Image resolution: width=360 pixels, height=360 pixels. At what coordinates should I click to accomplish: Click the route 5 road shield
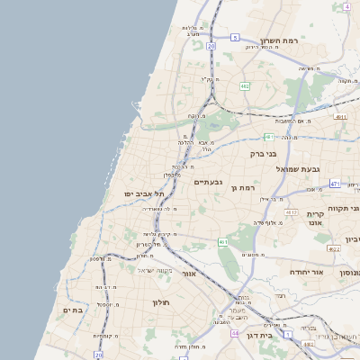pos(235,38)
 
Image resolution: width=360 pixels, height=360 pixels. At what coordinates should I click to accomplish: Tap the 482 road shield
pos(245,86)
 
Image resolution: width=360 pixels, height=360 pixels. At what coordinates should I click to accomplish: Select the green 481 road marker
pos(268,137)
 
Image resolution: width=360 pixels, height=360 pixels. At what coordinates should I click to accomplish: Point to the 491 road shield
pos(340,117)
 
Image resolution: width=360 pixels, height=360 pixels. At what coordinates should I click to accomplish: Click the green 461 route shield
pos(222,242)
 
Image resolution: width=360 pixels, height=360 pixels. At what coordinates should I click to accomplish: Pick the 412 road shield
pos(290,212)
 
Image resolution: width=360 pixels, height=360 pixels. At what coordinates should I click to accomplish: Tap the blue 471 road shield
pos(334,184)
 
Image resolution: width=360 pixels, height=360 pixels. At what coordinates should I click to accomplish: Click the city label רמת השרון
pos(278,40)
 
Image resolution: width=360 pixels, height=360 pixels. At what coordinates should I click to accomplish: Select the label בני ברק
pos(263,154)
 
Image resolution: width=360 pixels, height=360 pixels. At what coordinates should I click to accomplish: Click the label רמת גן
pos(245,187)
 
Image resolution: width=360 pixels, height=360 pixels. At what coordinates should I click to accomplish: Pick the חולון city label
pos(161,302)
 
